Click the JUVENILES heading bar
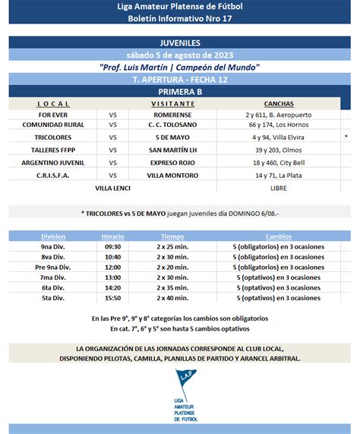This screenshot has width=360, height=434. point(180,43)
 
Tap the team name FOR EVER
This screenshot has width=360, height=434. point(53,114)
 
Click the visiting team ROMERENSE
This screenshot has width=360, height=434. point(172,114)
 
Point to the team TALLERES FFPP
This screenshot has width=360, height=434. point(53,150)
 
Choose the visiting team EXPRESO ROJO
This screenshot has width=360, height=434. point(172,162)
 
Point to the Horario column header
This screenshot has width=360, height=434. point(112,236)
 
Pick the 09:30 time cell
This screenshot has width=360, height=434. point(112,247)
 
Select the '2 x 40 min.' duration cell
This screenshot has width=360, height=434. point(172,298)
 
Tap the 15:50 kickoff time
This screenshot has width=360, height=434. point(112,298)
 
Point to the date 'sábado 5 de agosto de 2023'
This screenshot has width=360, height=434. point(180,55)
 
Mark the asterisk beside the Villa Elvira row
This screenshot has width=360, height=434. point(346,137)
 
